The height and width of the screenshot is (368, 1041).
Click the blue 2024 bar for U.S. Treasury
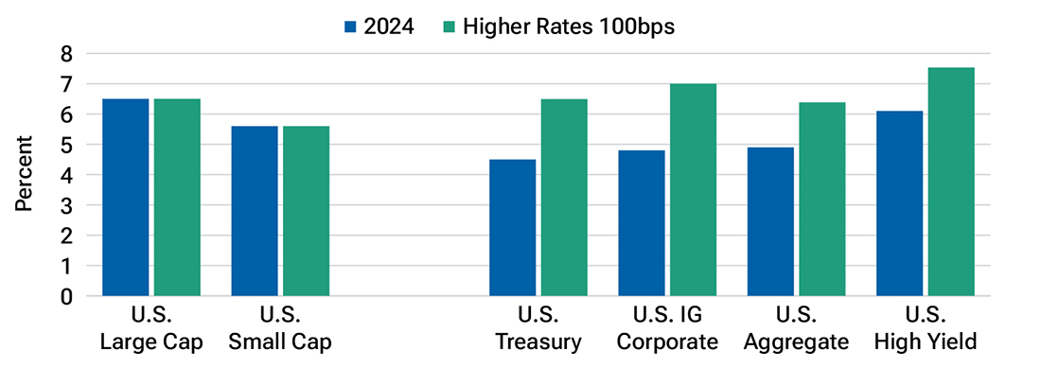point(512,228)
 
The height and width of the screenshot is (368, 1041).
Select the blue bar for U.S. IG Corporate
point(642,223)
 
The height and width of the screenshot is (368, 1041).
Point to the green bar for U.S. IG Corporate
point(693,189)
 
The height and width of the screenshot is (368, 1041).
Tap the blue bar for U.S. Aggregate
point(770,221)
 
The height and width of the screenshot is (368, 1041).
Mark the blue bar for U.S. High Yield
point(899,203)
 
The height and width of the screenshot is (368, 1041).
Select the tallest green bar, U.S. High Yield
point(951,182)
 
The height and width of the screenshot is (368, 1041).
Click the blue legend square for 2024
point(349,27)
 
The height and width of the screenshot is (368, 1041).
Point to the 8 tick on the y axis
point(65,54)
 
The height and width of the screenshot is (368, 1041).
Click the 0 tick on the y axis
point(65,296)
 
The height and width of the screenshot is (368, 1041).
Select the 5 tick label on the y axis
point(65,145)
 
